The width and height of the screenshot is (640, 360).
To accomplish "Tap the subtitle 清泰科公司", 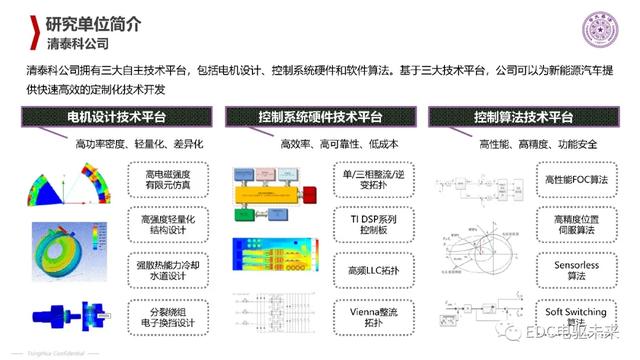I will pos(78,45).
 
